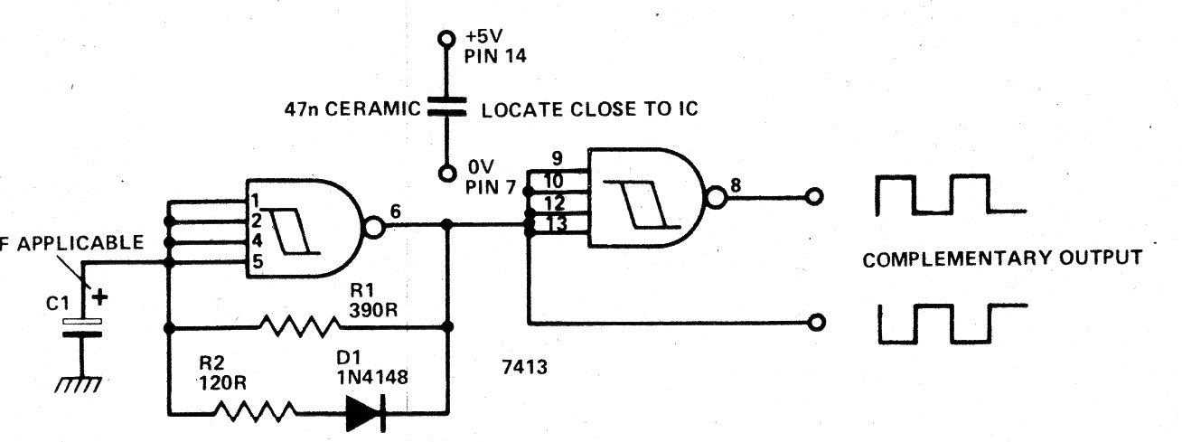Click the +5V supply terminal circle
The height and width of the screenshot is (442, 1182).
[x=446, y=38]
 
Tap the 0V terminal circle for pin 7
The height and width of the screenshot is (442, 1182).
[x=447, y=174]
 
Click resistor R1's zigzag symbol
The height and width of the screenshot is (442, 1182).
[x=299, y=325]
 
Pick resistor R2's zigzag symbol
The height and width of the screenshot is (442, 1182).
[x=254, y=411]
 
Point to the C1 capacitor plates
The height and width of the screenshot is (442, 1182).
[x=82, y=327]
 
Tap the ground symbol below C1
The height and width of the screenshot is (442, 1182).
[x=78, y=385]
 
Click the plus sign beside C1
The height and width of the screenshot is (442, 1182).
[x=99, y=296]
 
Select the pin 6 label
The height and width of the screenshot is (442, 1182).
[x=395, y=212]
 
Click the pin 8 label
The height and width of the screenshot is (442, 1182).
[x=735, y=185]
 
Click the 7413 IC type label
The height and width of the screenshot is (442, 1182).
[x=524, y=366]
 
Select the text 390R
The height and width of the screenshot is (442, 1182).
[x=373, y=310]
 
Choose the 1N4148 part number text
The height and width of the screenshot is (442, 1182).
[x=372, y=377]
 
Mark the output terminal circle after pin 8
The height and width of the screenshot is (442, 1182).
[x=815, y=197]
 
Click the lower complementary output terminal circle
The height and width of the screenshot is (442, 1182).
[x=817, y=322]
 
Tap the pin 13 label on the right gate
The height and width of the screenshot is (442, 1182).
[x=556, y=224]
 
